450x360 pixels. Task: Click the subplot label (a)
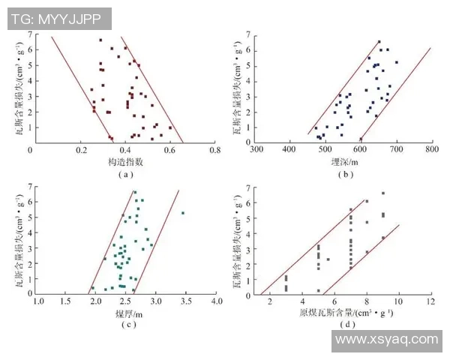[x=124, y=174]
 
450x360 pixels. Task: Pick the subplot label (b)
[x=345, y=174]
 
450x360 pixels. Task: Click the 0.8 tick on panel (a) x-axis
[x=215, y=150]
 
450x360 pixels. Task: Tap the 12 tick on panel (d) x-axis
[x=431, y=301]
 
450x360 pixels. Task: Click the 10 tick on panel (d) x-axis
[x=398, y=301]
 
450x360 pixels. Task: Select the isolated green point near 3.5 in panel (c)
[x=182, y=213]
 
